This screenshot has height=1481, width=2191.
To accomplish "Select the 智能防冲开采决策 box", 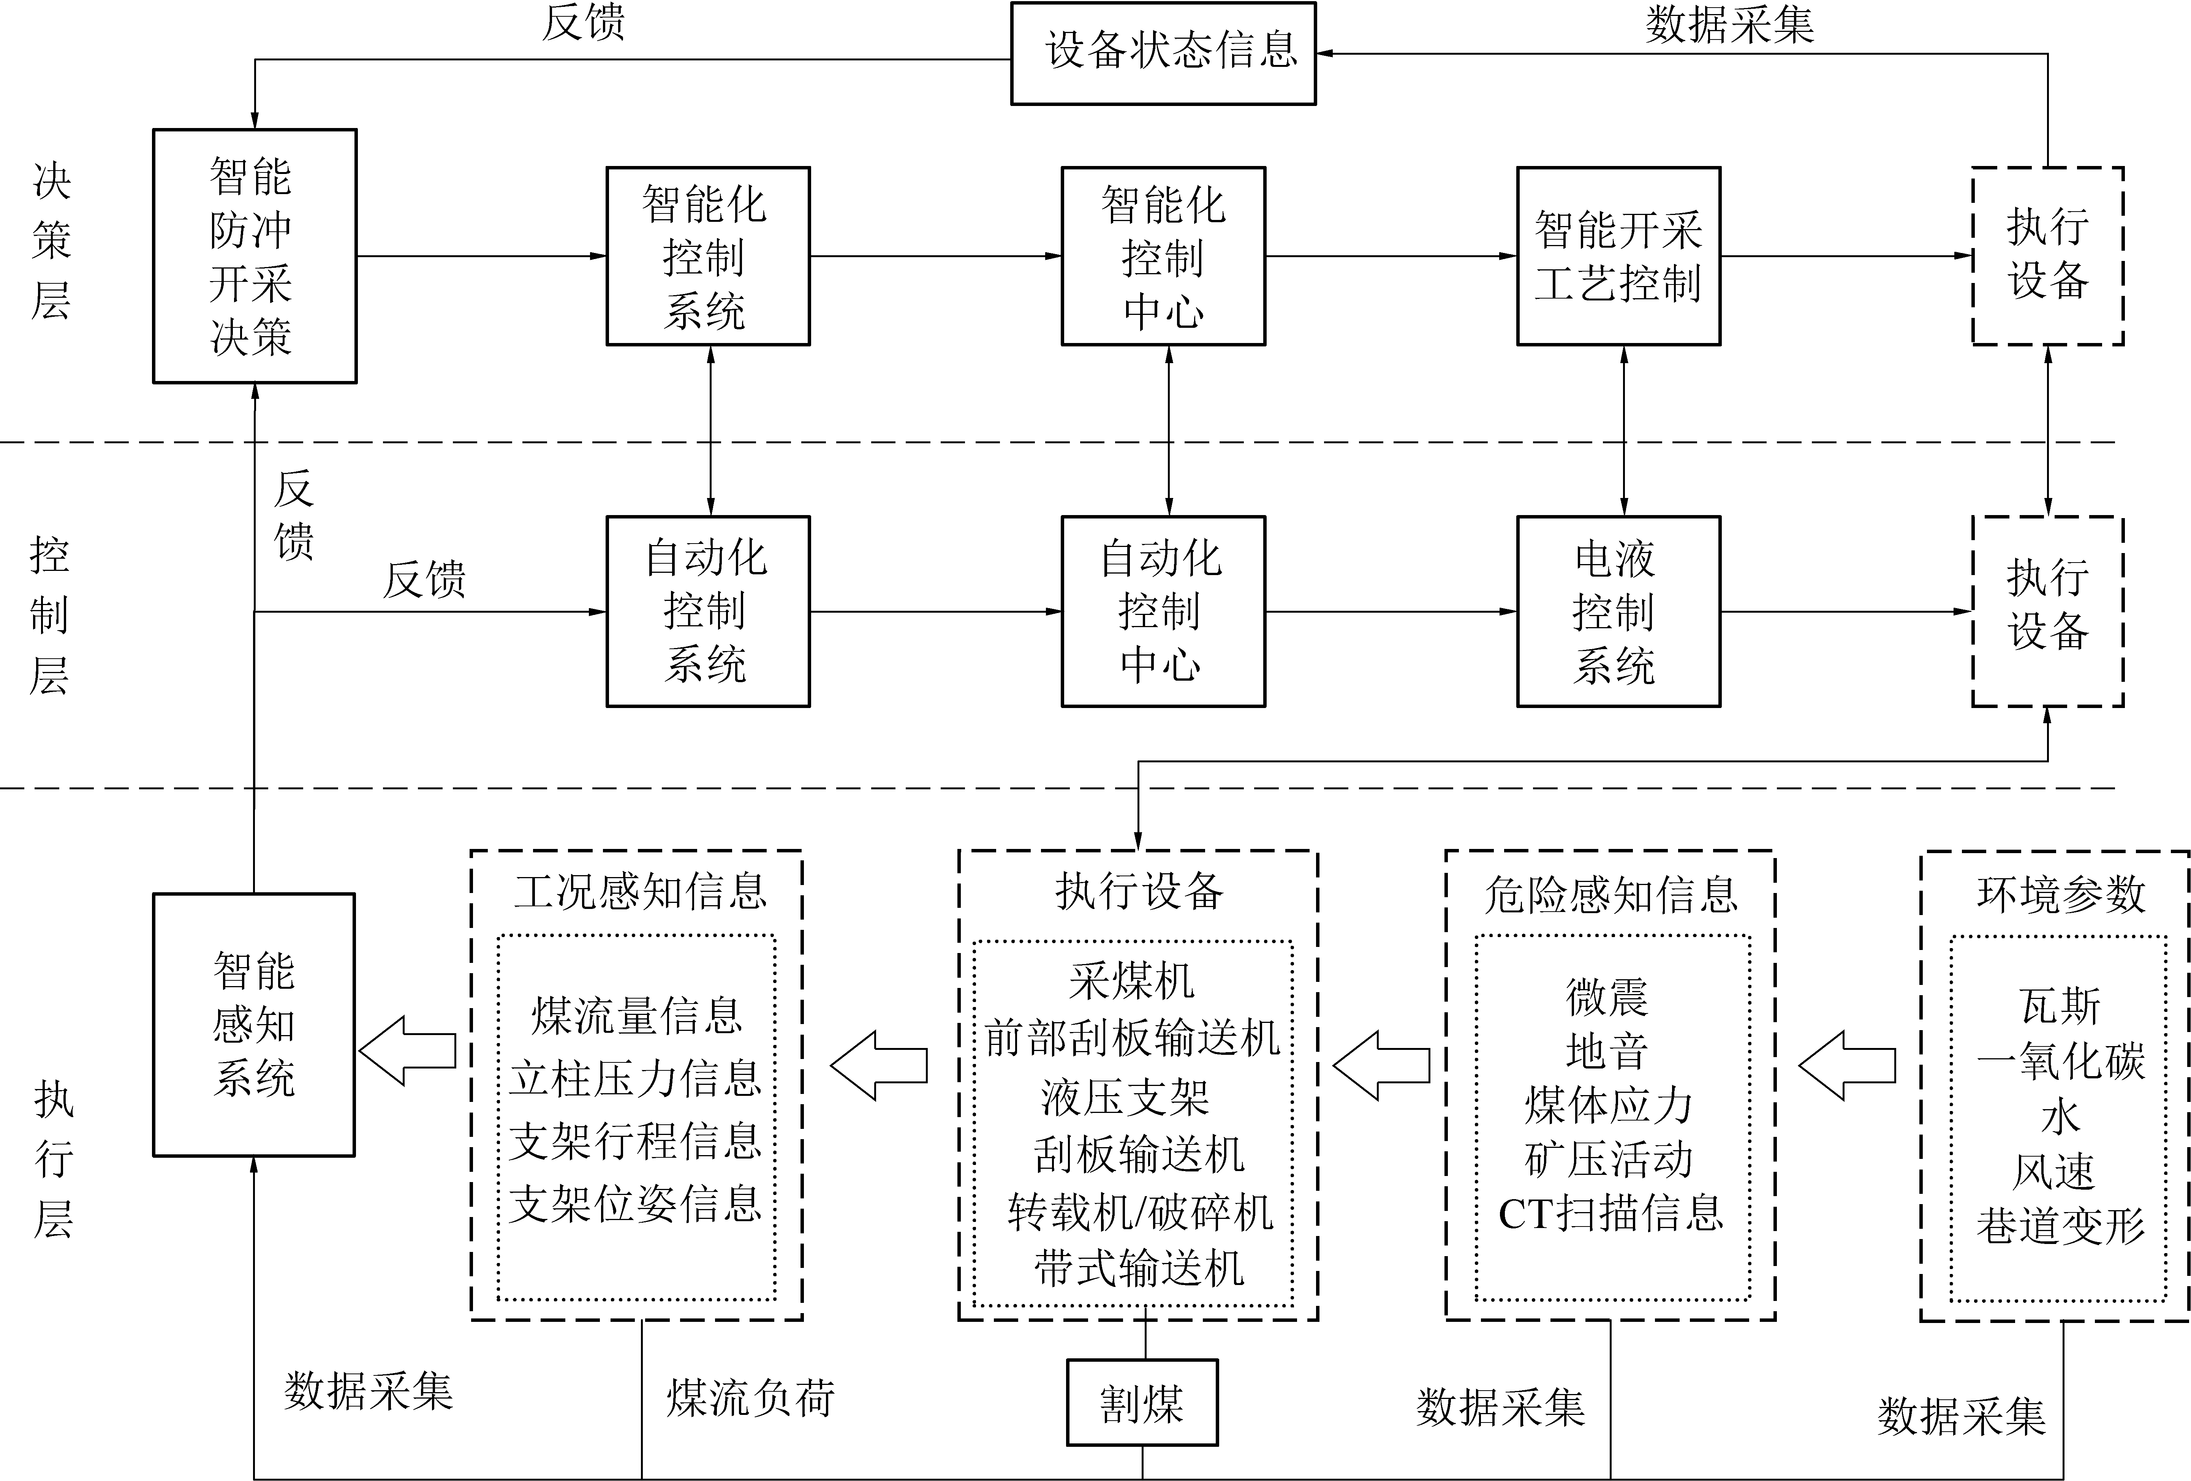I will [255, 256].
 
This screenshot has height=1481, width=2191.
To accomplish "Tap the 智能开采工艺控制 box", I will [1618, 256].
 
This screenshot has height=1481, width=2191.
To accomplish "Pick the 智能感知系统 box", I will [254, 1025].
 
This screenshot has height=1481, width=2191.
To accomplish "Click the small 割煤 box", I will [1142, 1403].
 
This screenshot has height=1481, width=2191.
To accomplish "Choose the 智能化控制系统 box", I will [707, 256].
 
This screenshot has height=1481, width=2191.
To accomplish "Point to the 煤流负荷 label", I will [750, 1398].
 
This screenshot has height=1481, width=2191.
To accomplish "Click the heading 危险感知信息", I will [1610, 894].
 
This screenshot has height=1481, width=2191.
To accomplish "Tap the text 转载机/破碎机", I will [1139, 1212].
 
